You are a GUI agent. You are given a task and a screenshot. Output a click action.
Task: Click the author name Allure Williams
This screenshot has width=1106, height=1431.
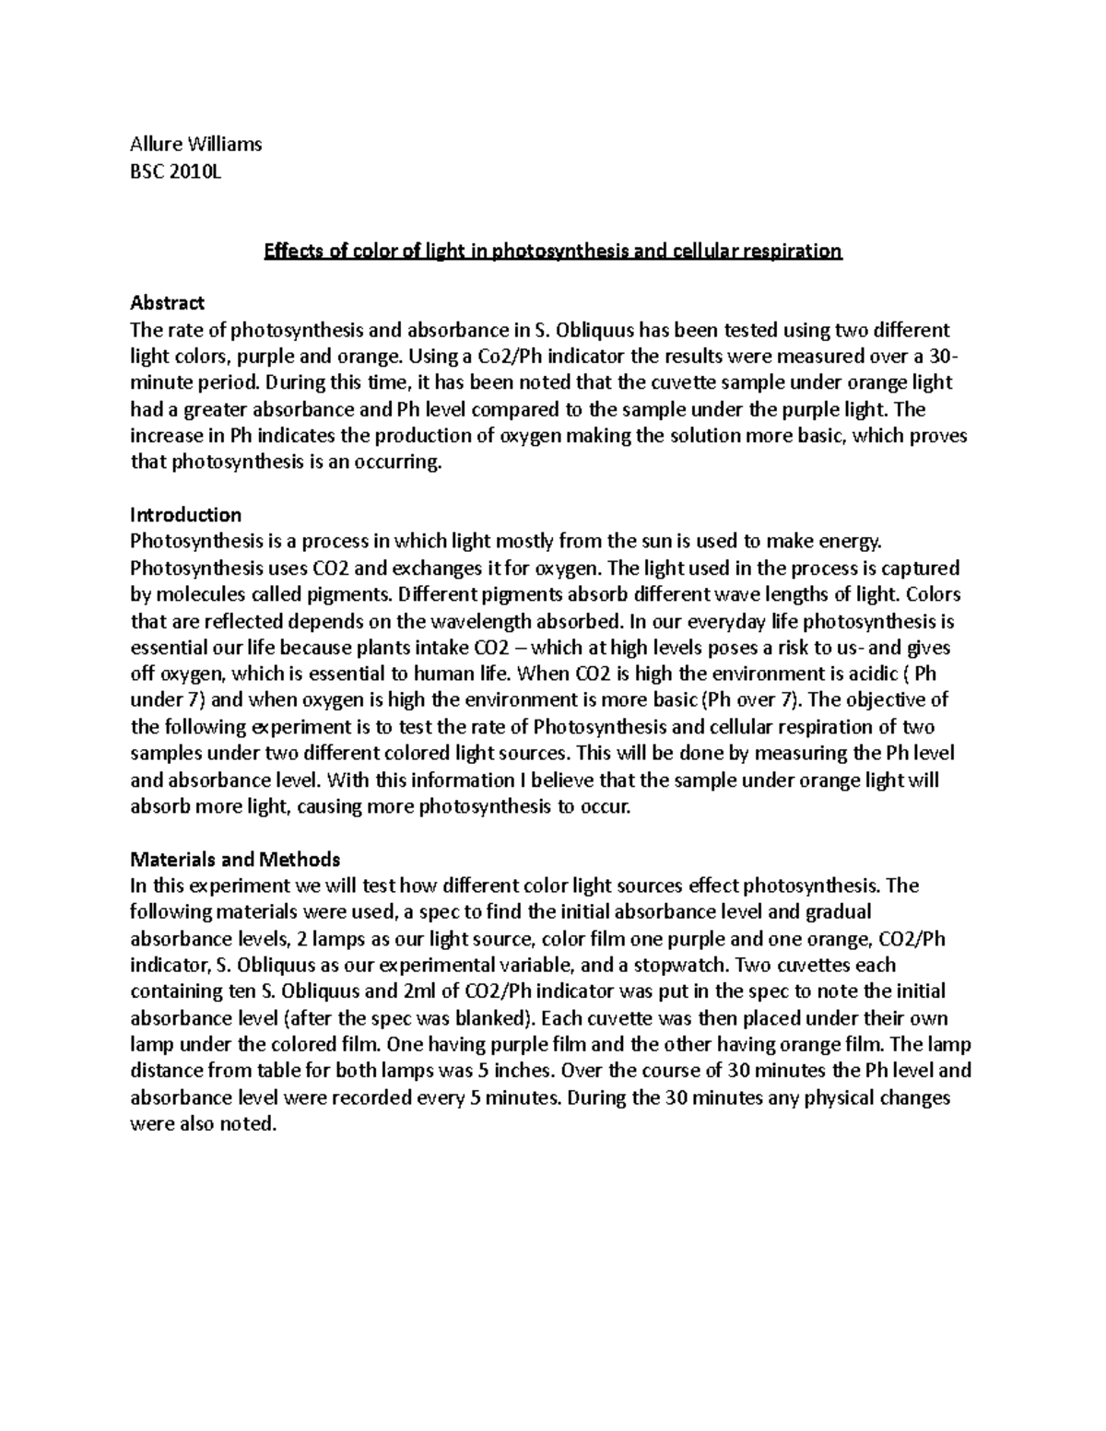click(x=196, y=144)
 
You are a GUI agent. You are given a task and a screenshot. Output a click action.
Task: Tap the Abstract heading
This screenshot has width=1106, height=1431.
click(x=168, y=302)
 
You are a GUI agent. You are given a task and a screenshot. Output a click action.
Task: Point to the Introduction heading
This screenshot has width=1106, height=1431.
click(x=186, y=514)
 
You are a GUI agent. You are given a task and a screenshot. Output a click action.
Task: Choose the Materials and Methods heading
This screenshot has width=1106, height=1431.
click(x=235, y=859)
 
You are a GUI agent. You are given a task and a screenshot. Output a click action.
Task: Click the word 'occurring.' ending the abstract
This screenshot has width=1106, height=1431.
click(x=400, y=462)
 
